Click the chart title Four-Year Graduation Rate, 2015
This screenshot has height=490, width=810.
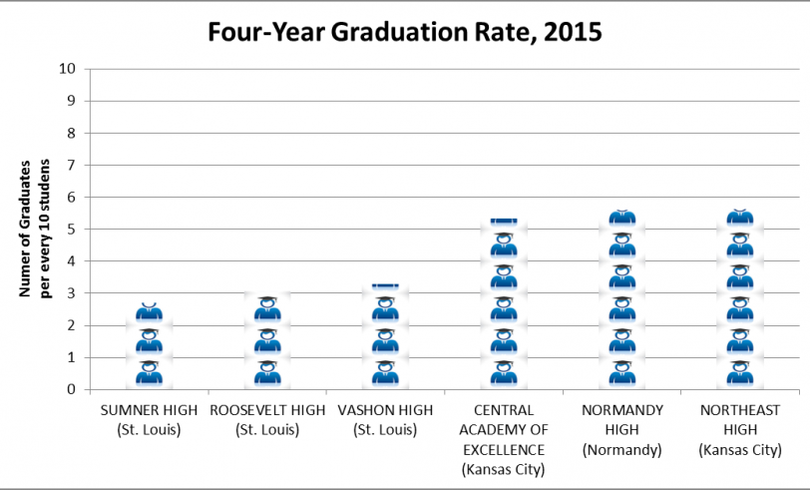405,32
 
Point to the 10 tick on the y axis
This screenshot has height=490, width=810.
68,69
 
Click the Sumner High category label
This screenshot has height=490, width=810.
149,419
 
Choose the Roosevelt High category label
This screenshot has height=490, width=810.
267,419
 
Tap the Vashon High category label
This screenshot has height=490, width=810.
385,419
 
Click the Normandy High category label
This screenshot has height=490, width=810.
621,429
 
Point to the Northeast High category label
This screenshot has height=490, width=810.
739,429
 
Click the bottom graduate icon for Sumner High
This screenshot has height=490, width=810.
149,373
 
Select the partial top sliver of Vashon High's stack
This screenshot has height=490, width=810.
385,286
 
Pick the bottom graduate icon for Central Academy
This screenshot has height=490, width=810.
504,373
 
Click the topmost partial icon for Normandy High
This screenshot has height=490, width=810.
621,217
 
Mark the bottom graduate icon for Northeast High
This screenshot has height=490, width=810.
739,373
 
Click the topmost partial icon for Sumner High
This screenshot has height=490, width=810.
149,312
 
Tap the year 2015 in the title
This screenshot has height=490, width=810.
567,32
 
